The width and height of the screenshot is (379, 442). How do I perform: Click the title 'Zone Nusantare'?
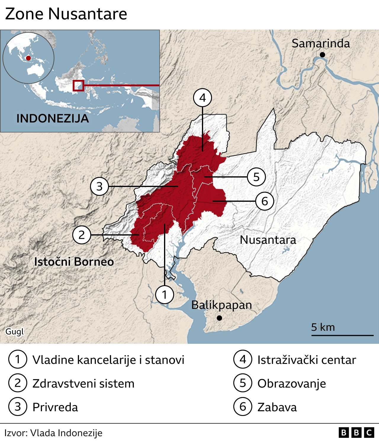point(66,14)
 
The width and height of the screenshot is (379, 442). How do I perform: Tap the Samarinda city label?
point(321,43)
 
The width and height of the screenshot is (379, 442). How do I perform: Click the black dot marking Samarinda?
point(322,54)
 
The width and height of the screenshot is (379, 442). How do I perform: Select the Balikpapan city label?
point(221,305)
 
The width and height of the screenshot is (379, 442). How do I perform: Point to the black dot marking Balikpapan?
point(219,318)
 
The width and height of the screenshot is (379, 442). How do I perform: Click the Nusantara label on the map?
point(268,240)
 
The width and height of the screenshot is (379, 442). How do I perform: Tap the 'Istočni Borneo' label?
point(74,262)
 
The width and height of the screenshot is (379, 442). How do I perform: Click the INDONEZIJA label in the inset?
point(53,119)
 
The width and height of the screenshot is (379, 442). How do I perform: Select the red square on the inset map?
point(78,86)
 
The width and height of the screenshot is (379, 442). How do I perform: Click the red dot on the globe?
point(28,58)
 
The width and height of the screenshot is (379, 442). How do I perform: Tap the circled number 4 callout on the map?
point(203,98)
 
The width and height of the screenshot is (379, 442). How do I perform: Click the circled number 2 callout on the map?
point(81,235)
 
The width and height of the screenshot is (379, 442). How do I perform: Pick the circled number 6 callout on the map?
point(264,201)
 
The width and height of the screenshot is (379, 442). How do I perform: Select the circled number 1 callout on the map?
point(164,294)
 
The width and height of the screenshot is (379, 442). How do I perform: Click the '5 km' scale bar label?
point(323,327)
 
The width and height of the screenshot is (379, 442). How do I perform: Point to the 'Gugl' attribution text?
point(15,331)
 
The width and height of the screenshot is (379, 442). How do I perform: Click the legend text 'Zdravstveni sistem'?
point(83,383)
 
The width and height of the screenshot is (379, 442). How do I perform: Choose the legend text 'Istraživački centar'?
point(306,360)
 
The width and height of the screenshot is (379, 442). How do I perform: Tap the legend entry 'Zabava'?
point(277,407)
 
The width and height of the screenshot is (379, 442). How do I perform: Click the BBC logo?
point(356,433)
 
